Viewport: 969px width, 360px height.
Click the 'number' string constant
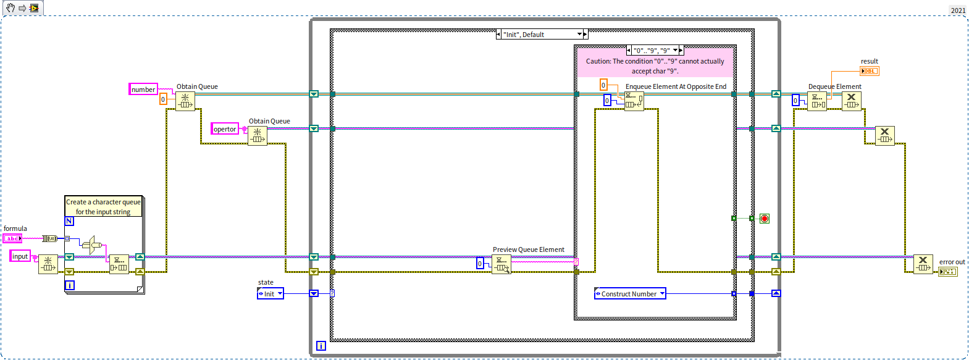click(x=143, y=90)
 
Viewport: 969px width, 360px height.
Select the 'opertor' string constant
click(x=225, y=129)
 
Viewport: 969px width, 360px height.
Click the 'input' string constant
click(x=20, y=256)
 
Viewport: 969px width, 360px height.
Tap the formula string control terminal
click(x=12, y=238)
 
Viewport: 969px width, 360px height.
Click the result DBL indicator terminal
click(x=870, y=71)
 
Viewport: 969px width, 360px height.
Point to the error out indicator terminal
click(x=948, y=272)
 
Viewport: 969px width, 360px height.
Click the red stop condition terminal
click(x=765, y=219)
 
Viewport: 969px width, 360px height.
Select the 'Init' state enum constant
click(x=271, y=294)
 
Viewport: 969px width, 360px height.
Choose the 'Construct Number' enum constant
click(x=630, y=294)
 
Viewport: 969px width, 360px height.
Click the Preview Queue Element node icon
click(x=501, y=264)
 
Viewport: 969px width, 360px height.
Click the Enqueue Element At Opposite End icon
click(x=634, y=101)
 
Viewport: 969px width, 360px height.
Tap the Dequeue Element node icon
click(x=817, y=101)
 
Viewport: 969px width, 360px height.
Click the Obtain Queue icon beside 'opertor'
click(x=258, y=136)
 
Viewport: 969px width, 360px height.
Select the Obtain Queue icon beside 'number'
click(x=185, y=101)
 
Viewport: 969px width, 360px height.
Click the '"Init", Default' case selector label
click(x=541, y=35)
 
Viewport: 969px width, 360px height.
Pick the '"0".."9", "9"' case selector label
click(x=654, y=51)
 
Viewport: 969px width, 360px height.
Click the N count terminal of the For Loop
click(x=69, y=221)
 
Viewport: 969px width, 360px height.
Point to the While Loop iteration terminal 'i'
click(x=321, y=346)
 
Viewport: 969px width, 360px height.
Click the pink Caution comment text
click(x=655, y=66)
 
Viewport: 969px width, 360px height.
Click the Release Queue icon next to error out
click(x=923, y=264)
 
